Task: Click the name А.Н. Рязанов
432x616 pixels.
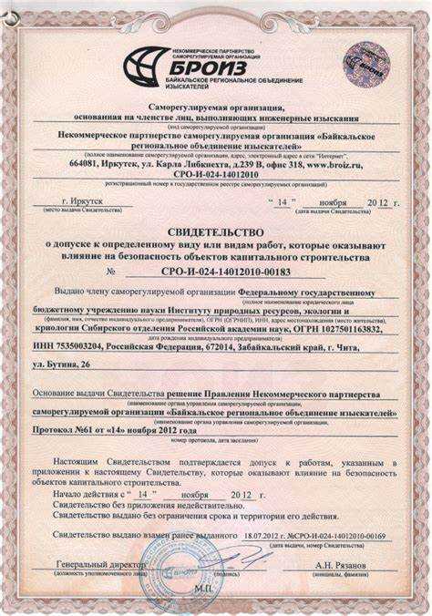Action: point(344,565)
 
